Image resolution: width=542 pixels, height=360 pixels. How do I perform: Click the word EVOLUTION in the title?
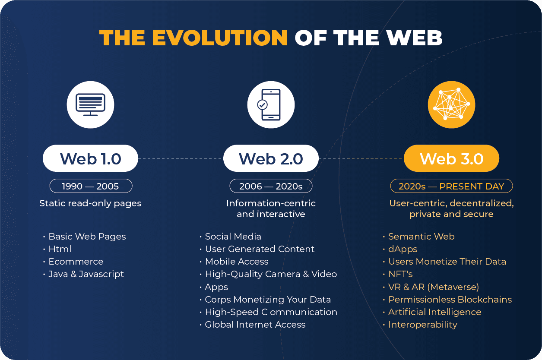220,38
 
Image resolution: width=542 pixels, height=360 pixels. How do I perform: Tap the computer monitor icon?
91,105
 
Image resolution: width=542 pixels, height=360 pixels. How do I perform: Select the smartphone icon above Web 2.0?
269,105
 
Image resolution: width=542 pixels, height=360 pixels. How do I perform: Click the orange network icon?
451,105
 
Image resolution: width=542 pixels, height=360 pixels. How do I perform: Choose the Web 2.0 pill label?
271,158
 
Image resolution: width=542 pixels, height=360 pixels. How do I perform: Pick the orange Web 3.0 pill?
451,158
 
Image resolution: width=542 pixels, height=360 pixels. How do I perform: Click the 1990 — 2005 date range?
91,186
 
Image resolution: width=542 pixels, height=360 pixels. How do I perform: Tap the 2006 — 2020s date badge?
271,186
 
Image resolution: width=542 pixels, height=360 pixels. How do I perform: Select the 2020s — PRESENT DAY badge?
451,186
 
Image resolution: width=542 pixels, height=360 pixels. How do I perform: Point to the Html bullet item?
60,249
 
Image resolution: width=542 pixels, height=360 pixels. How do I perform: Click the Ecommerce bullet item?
76,262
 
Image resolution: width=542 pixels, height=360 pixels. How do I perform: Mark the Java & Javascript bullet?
86,274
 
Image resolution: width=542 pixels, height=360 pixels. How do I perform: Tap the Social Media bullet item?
233,237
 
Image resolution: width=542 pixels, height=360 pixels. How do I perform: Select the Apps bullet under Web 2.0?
216,287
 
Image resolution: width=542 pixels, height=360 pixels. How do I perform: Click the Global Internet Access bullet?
255,325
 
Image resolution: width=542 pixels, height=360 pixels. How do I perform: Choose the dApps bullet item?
403,249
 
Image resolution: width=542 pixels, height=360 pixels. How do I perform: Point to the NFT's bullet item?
400,274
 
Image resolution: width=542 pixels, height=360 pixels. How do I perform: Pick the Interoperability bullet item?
423,325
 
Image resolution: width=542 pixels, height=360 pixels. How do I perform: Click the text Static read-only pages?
90,204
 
